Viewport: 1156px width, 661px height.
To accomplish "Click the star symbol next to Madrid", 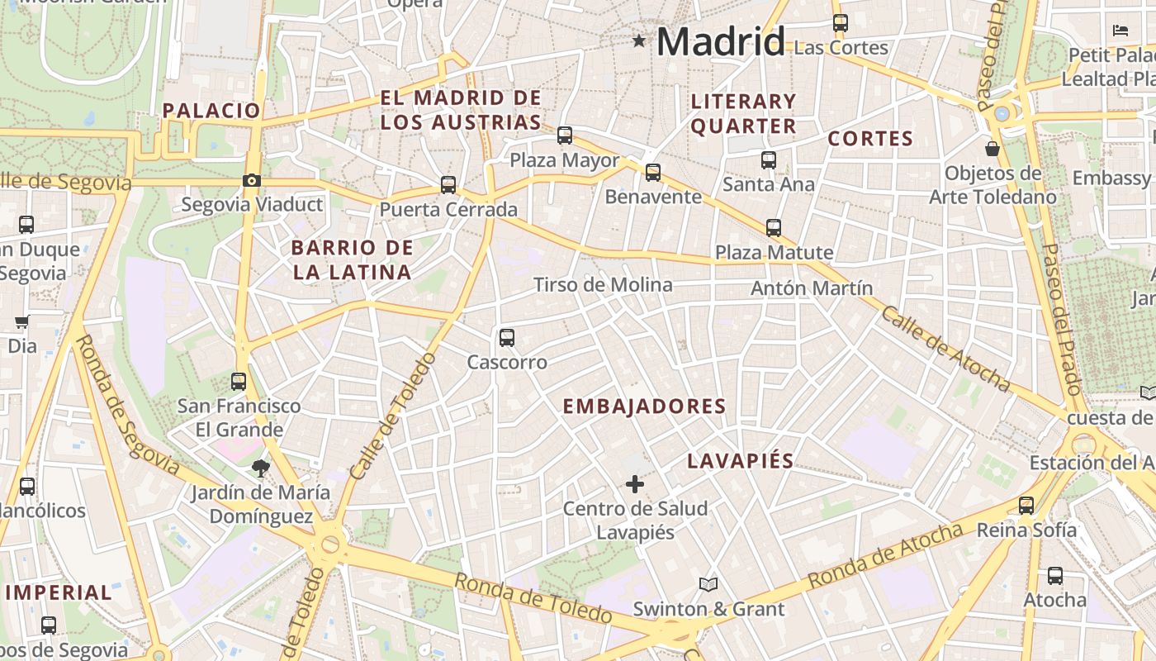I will [638, 40].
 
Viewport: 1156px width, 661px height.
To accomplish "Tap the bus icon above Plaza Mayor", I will [565, 136].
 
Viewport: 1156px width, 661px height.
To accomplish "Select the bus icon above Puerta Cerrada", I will [448, 185].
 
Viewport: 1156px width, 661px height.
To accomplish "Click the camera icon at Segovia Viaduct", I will [252, 181].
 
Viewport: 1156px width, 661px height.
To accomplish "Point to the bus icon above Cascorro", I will [507, 337].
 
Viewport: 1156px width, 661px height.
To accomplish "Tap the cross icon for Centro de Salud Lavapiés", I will [635, 484].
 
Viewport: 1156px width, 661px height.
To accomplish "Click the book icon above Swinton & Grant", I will [708, 584].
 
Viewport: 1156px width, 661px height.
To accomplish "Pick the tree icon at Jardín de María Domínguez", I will [261, 468].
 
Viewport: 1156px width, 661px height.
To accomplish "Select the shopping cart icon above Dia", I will [21, 321].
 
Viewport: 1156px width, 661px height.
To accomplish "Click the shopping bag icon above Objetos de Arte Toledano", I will [993, 149].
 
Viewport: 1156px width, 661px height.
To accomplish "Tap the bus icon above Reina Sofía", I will [1026, 506].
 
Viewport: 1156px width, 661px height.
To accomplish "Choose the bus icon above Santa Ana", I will [769, 160].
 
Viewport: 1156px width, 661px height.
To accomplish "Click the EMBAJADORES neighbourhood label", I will [644, 407].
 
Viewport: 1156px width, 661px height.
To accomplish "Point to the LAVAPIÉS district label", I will [741, 461].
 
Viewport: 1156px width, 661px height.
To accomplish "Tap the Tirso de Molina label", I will [603, 285].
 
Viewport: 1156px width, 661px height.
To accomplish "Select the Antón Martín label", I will [812, 288].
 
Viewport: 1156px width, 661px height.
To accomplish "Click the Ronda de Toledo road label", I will [533, 597].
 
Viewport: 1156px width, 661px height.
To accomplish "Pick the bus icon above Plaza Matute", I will [774, 228].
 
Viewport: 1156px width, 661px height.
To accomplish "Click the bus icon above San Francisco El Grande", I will [239, 382].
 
